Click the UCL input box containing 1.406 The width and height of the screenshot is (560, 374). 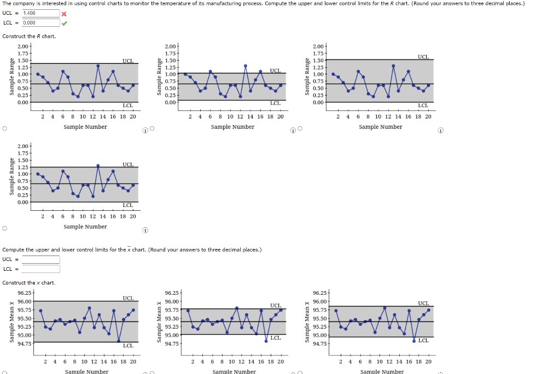click(41, 13)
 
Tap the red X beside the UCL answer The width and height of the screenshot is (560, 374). click(65, 14)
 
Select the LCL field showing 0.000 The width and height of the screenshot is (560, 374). click(41, 22)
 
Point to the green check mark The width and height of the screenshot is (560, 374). click(65, 23)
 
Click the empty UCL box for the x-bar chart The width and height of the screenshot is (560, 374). click(41, 259)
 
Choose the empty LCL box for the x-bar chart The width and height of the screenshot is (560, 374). click(41, 269)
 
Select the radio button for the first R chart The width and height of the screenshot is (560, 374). click(4, 129)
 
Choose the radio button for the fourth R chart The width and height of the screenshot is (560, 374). click(4, 228)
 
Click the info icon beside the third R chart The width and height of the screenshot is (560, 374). click(441, 130)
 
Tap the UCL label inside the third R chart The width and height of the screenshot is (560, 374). click(423, 57)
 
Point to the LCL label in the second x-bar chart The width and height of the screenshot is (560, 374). click(276, 338)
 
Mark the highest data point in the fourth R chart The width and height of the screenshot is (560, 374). click(98, 165)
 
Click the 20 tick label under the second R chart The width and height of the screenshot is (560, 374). click(280, 116)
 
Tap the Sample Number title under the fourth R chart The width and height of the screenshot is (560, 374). click(85, 227)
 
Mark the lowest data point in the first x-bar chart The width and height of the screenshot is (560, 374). click(119, 341)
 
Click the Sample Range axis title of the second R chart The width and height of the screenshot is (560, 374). click(160, 77)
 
